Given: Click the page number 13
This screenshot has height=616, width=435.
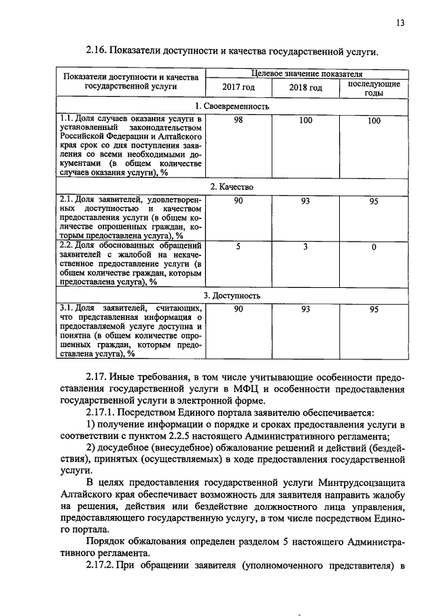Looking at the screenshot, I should click(400, 23).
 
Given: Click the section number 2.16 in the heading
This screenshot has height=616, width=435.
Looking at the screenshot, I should click(97, 51).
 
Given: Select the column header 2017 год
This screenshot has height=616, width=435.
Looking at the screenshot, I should click(239, 88).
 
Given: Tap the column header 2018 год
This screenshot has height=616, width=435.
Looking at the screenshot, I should click(305, 88).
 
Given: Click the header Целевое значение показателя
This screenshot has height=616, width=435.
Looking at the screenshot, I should click(306, 73).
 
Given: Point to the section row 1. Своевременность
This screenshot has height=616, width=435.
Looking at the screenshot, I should click(232, 106).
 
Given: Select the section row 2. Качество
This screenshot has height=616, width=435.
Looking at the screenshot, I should click(232, 186).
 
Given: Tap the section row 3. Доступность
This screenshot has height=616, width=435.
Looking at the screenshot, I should click(232, 295).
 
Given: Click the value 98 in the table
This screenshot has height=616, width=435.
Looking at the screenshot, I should click(239, 120).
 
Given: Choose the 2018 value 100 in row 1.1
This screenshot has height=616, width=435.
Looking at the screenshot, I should click(305, 120).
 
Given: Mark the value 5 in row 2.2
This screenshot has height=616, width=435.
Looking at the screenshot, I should click(239, 246).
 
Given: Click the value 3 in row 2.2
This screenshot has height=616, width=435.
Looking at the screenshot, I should click(305, 246).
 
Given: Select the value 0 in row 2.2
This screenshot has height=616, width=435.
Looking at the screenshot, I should click(373, 246).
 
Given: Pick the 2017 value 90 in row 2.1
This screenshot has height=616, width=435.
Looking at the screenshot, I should click(239, 200).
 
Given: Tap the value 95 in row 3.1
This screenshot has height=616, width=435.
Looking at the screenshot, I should click(373, 310).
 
